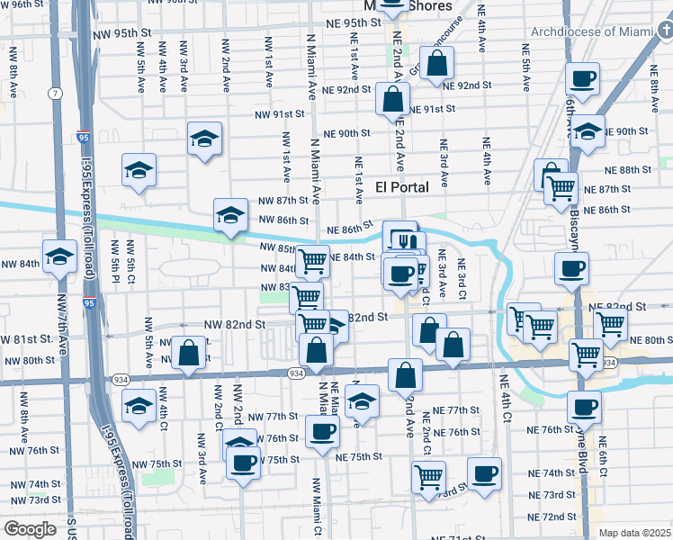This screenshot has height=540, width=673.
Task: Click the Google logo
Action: point(30,529)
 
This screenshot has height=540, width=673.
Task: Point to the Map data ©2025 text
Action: point(634,533)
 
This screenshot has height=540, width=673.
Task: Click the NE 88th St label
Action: point(627,169)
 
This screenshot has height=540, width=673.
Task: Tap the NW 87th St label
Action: point(283,201)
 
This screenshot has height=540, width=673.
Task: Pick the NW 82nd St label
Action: point(235,324)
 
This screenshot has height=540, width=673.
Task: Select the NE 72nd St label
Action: point(552,517)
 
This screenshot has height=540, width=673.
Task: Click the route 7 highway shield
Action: point(57,93)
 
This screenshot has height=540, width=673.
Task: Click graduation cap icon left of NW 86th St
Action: point(230,216)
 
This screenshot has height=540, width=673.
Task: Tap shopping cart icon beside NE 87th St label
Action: point(561,189)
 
